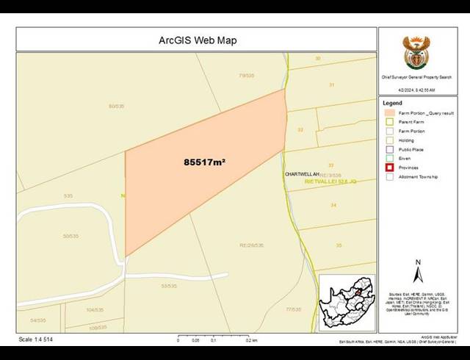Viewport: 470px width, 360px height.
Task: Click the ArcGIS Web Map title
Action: pos(198,40)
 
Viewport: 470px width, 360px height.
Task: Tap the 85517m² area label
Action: pos(204,161)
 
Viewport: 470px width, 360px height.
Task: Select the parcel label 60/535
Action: pos(116,107)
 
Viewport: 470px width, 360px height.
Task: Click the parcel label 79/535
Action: pos(246,75)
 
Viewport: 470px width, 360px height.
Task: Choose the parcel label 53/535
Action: pos(169,286)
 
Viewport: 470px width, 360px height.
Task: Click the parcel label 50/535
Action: pos(70,236)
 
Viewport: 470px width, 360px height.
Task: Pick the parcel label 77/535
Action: pos(293,309)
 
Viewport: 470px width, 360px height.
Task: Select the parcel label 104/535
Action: pos(95,310)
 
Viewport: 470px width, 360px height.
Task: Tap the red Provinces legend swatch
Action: pos(390,168)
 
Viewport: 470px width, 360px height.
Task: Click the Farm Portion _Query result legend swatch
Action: pos(390,113)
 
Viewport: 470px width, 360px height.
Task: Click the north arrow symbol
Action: pos(418,272)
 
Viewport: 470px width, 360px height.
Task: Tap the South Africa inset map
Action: pos(347,301)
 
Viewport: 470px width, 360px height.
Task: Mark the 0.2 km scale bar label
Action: pos(251,341)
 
